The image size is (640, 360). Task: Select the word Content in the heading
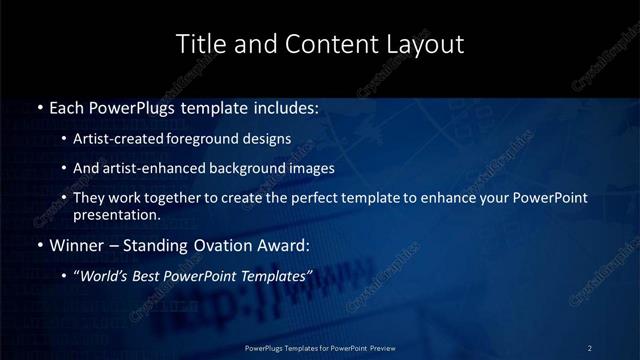(323, 45)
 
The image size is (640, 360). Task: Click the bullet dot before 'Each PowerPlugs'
(39, 107)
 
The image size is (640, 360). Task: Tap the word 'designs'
(268, 139)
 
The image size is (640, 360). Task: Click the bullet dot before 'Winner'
(39, 245)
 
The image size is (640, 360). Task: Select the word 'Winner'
(75, 245)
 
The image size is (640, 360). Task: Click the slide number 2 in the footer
(590, 348)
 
